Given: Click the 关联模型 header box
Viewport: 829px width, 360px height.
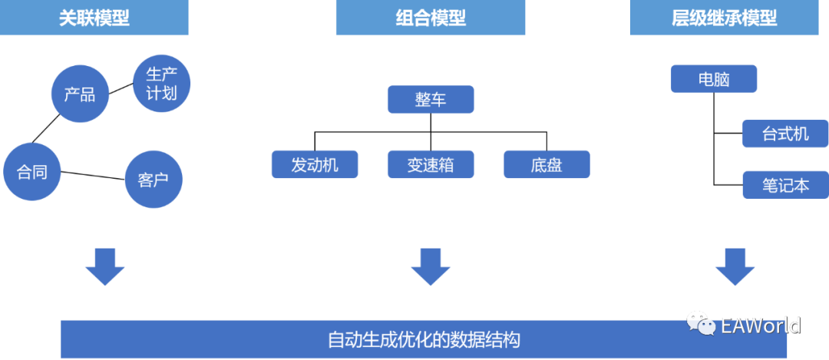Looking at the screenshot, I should coord(94,18).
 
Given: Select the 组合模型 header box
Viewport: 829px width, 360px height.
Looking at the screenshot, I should coord(431,18).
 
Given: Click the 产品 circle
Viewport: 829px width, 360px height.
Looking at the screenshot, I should coord(80,94).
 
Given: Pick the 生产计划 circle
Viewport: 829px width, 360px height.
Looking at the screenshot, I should coord(161,84).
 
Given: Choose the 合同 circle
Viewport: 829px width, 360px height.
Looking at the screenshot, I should coord(32,172).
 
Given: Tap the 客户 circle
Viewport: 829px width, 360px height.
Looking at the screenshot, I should coord(154,180).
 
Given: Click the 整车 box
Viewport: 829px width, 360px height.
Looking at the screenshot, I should coord(431,100).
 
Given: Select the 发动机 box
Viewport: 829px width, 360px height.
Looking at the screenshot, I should coord(315,164).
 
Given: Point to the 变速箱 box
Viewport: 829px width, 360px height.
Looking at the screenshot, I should coord(431,164).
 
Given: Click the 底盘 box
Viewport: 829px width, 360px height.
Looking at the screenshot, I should coord(547,164).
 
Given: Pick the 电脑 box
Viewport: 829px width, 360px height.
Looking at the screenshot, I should coord(714,78).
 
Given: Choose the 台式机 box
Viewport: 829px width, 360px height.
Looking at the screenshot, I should coord(785,134).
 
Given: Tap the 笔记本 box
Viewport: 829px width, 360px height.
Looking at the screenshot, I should coord(785,185).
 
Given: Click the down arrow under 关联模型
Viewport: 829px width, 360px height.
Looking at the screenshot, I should coord(104,266).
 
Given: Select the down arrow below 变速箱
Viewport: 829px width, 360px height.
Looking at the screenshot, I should coord(431,266).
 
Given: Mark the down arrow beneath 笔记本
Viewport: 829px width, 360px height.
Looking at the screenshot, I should coord(735,266).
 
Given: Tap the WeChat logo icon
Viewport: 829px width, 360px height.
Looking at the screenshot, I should coord(701,324).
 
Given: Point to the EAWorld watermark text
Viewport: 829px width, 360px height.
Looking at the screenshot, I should coord(761,325).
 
